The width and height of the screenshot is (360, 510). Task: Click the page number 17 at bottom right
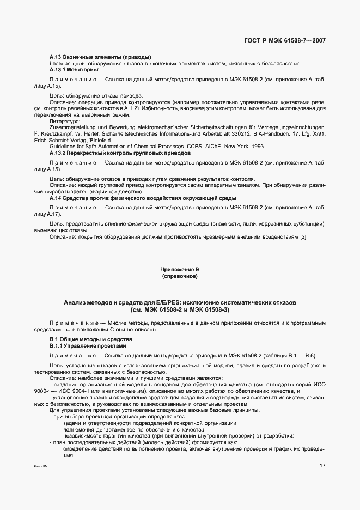point(322,466)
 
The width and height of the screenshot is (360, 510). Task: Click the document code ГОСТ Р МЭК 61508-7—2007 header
point(283,40)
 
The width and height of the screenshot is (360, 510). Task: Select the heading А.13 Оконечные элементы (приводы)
point(100,57)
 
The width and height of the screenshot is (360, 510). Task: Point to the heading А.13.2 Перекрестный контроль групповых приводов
point(120,153)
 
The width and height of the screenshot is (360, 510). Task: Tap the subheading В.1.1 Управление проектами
point(88,345)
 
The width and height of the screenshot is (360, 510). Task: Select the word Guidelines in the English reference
point(62,147)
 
